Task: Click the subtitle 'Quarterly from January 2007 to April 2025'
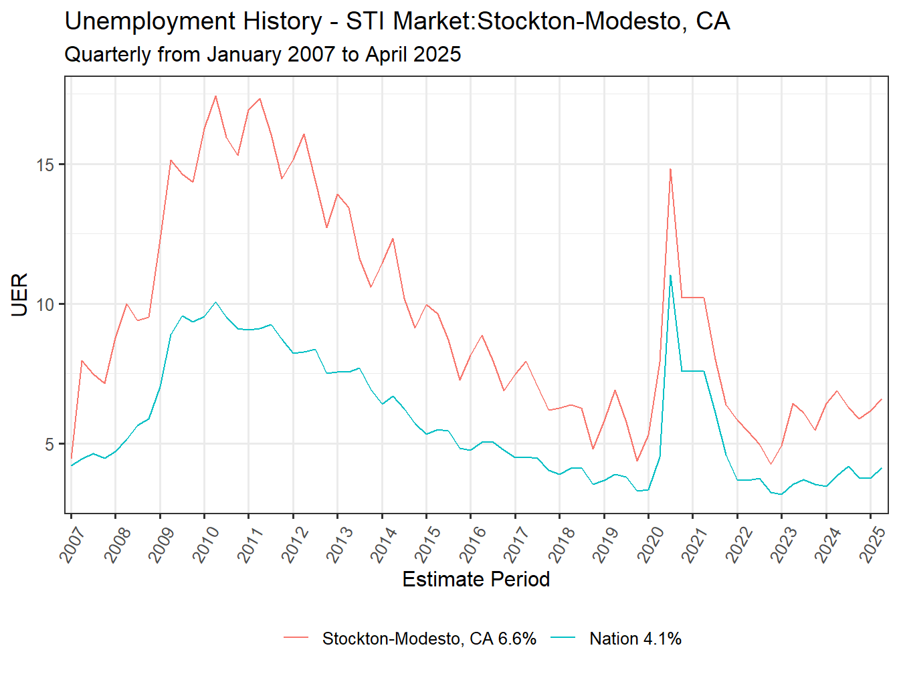click(262, 54)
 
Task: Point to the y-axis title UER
click(20, 294)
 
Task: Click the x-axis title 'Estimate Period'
click(476, 579)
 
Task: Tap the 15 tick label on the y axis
click(45, 164)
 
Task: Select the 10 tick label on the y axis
click(45, 304)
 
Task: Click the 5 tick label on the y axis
click(50, 444)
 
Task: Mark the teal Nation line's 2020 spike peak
click(670, 275)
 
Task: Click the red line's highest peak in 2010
click(215, 96)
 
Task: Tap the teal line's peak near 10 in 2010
click(215, 302)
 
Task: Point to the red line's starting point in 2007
click(72, 458)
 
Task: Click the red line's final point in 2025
click(882, 399)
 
